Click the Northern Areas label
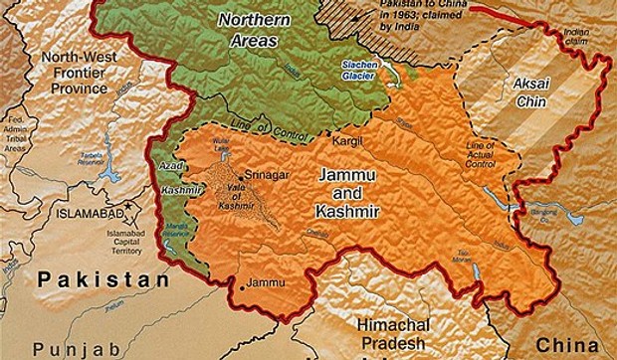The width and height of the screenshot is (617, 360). pyautogui.click(x=251, y=30)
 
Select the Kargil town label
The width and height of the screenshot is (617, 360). pyautogui.click(x=343, y=143)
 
